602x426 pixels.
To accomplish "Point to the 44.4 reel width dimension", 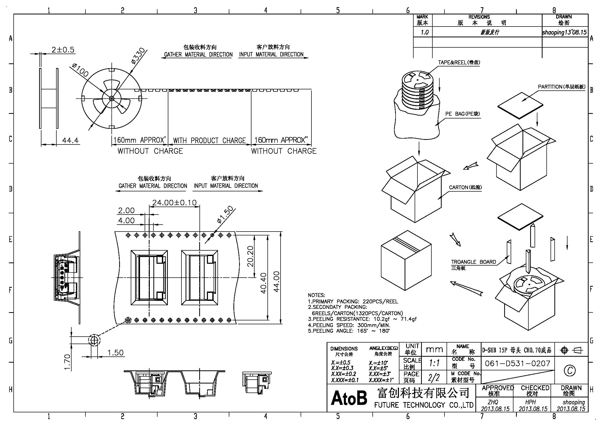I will tap(70, 140).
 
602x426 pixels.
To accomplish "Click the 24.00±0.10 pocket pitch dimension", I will tap(174, 202).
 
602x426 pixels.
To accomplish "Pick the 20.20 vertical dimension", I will tap(250, 256).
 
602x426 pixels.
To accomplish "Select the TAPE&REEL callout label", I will tap(459, 62).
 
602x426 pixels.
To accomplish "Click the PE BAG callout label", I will tap(463, 114).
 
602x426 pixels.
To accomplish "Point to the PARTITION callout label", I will tap(561, 87).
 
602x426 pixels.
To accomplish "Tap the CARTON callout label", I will tap(465, 187).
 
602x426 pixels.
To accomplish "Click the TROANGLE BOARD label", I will tap(474, 262).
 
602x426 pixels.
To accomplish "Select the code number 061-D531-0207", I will tap(518, 363).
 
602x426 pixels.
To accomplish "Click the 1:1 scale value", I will tap(434, 363).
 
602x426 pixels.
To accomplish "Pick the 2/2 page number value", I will tap(434, 378).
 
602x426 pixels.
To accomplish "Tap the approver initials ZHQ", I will tap(493, 402).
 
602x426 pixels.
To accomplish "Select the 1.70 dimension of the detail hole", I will tap(67, 362).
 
